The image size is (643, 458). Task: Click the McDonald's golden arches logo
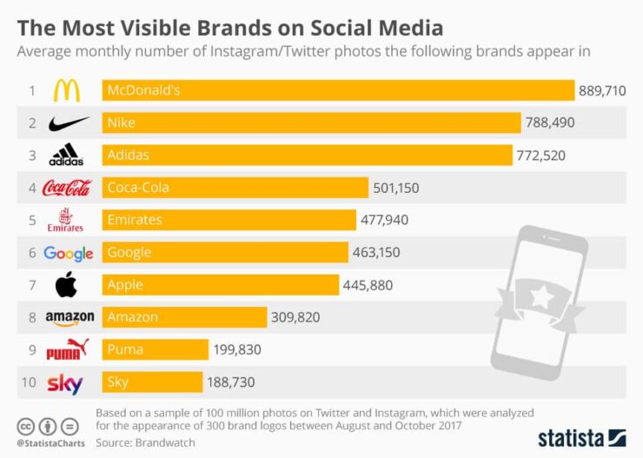coord(68,90)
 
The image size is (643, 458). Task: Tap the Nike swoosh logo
coord(69,123)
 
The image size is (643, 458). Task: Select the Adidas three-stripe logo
coord(67,156)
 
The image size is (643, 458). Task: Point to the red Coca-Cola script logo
coord(67,188)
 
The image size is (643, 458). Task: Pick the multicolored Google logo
coord(68,253)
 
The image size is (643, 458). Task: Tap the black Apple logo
coord(67,285)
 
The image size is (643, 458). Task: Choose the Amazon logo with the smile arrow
coord(70,318)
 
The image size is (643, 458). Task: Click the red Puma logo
coord(68,350)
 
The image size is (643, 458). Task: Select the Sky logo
coord(65,382)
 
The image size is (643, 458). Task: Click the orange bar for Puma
coord(156,349)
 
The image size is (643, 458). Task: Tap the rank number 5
coord(31,220)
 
